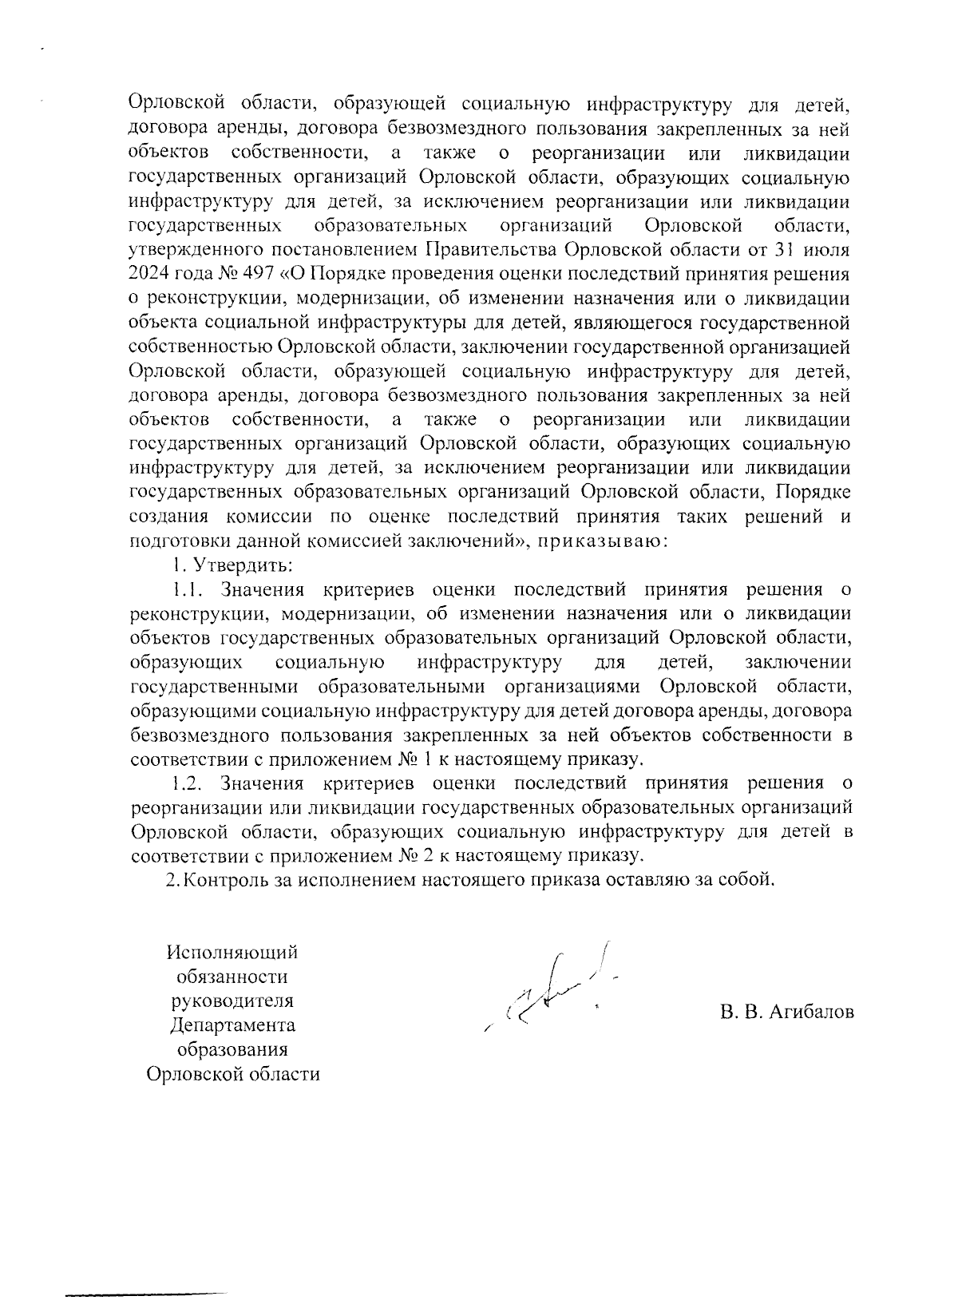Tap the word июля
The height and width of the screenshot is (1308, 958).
point(826,249)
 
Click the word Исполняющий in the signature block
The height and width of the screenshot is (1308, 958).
point(232,953)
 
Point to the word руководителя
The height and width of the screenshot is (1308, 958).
point(232,1001)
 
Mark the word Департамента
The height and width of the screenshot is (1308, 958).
point(232,1025)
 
